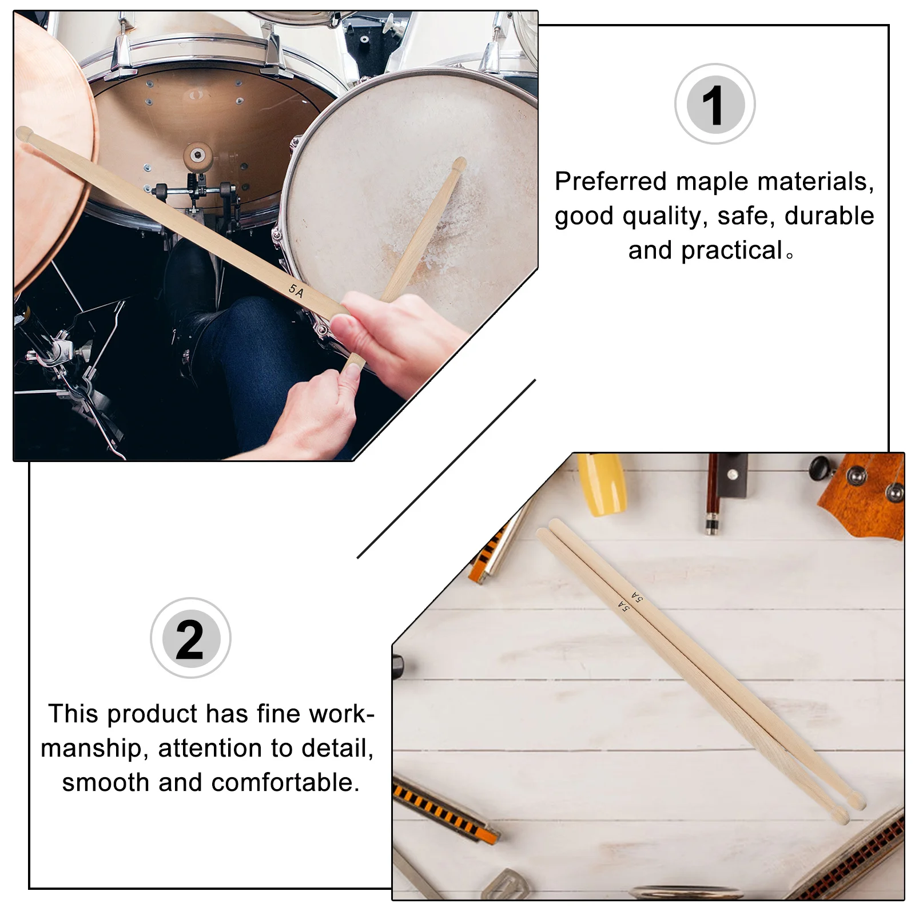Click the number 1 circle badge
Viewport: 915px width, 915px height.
(x=714, y=104)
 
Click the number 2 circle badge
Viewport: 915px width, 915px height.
(x=190, y=638)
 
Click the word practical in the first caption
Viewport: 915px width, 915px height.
(x=731, y=250)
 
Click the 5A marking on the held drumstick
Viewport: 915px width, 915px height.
(x=296, y=291)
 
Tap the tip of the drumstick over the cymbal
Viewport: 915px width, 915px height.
(x=24, y=134)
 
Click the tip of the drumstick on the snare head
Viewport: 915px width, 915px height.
(x=459, y=165)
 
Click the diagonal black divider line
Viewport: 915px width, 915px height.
(x=446, y=469)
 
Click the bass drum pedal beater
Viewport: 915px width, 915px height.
(x=198, y=156)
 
